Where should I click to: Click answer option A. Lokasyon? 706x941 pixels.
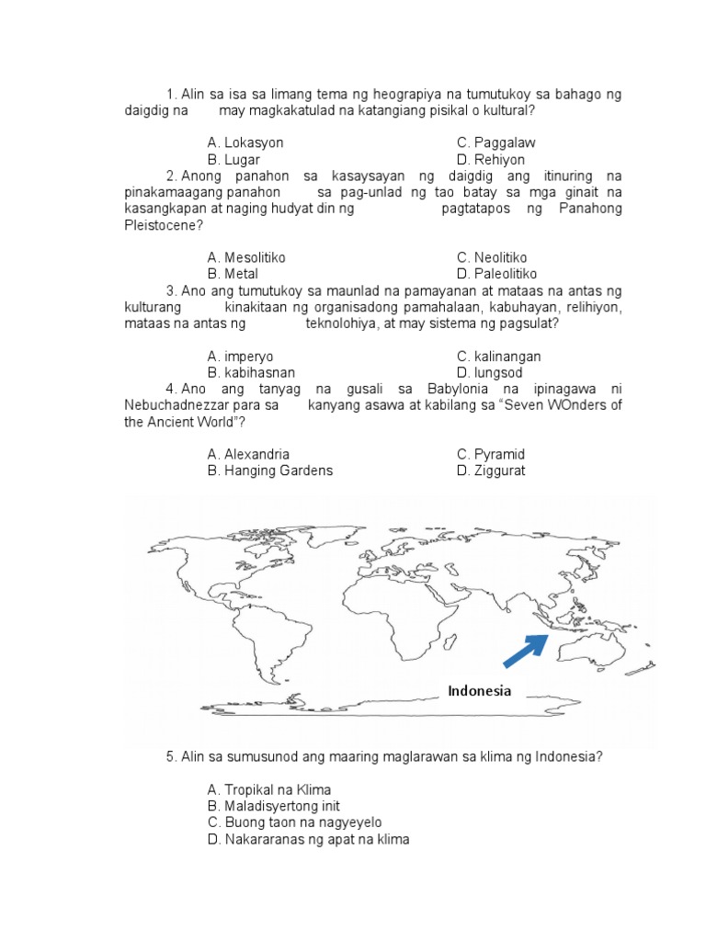[245, 143]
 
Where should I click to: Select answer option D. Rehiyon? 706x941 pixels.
[491, 160]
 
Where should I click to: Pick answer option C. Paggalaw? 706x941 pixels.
[495, 143]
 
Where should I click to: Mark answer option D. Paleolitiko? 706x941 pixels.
[496, 274]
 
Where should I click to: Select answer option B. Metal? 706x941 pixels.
[233, 274]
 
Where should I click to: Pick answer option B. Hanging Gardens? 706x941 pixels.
[270, 470]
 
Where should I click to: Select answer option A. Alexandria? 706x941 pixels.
[248, 454]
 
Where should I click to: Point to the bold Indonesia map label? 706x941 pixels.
[479, 691]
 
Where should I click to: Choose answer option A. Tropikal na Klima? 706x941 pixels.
[269, 789]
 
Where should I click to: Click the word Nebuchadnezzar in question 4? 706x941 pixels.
[168, 404]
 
